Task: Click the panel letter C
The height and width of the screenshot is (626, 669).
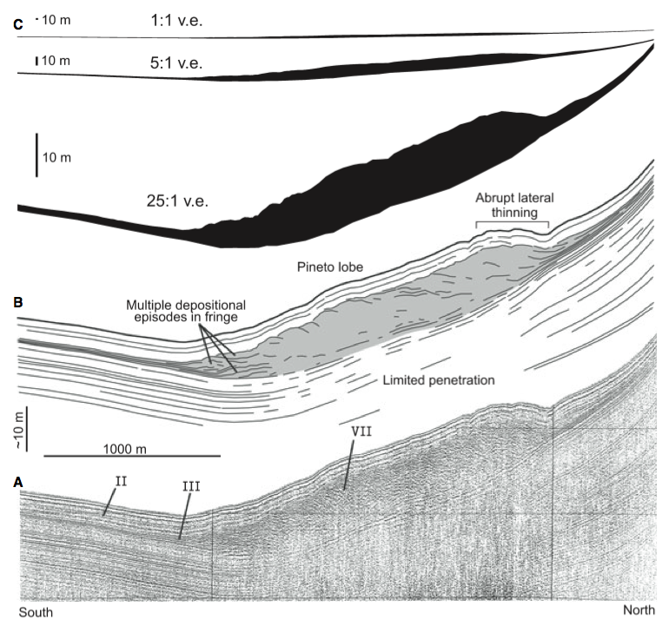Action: [18, 24]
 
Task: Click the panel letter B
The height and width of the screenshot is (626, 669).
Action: [18, 302]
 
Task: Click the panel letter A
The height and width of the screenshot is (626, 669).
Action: [18, 482]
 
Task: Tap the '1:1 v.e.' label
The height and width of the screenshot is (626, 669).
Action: [176, 20]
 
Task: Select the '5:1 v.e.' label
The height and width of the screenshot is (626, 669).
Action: [176, 63]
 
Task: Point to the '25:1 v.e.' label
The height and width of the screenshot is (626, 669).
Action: [177, 201]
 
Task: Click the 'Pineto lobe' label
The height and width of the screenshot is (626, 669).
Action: [330, 267]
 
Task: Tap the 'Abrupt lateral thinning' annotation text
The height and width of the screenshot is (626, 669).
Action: [514, 205]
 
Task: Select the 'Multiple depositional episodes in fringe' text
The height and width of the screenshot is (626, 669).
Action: [186, 311]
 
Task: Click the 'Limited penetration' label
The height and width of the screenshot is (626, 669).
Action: [439, 380]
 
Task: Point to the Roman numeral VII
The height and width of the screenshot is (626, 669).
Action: [361, 432]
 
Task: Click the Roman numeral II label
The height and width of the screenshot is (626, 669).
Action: [121, 482]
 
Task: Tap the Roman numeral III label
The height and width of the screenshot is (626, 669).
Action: [191, 486]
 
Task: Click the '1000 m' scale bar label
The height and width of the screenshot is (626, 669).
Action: [124, 449]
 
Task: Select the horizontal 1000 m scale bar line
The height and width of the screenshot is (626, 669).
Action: [132, 457]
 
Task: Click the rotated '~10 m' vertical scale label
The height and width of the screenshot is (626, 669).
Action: [19, 430]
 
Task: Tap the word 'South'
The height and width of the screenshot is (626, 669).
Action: [36, 612]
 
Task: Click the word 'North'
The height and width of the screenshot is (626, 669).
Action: [639, 610]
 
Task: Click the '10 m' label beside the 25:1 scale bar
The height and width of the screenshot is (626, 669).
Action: [56, 158]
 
